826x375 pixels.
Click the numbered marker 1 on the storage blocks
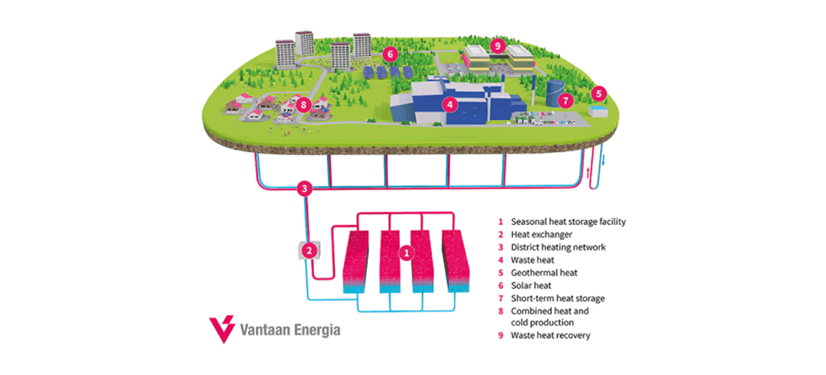pos(405,253)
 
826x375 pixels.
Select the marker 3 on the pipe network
pos(303,188)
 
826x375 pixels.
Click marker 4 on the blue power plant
pos(449,105)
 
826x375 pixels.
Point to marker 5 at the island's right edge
pos(598,94)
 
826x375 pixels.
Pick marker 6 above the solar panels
pos(389,54)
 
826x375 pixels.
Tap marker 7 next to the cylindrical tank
pos(567,99)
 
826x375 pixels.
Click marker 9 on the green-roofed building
pos(496,46)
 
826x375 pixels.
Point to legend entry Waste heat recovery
pos(550,335)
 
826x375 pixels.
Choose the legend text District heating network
pos(558,247)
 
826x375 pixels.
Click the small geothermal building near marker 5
pos(599,112)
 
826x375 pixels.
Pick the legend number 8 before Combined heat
pos(501,310)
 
